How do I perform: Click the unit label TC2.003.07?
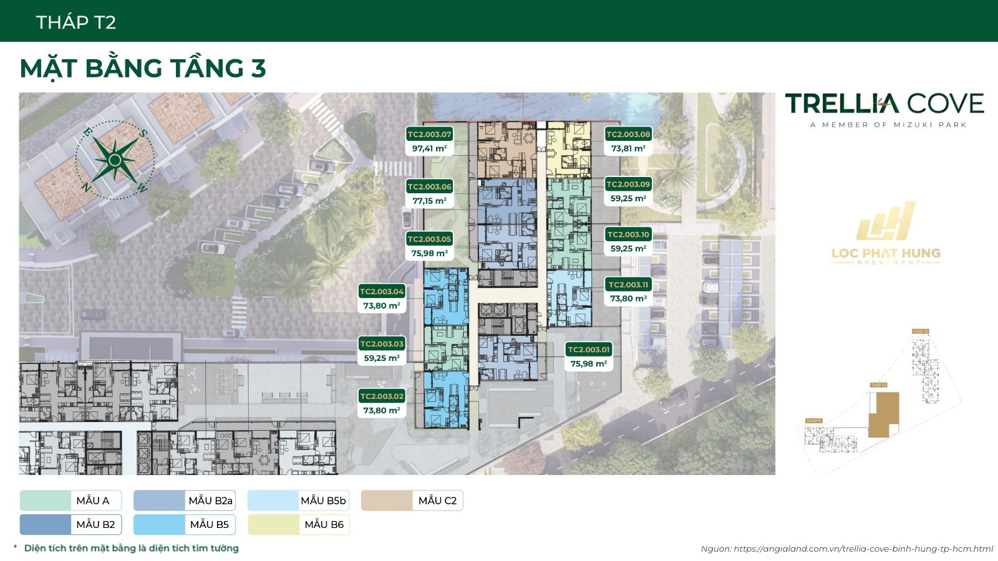[x=429, y=134]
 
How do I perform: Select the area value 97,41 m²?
[x=429, y=148]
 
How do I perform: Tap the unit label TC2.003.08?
[x=628, y=134]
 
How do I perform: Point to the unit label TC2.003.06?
[x=429, y=186]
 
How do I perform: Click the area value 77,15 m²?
[x=429, y=201]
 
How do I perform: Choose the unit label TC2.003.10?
[x=628, y=234]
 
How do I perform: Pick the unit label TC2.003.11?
[x=628, y=284]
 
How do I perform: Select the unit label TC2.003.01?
[x=588, y=350]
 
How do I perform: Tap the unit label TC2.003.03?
[x=382, y=343]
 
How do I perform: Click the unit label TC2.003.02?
[x=382, y=396]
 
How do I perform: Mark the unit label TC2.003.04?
[x=382, y=291]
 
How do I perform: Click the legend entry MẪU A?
[x=70, y=501]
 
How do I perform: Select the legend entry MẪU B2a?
[x=185, y=501]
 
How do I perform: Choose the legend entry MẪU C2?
[x=412, y=501]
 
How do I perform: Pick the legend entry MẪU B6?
[x=299, y=524]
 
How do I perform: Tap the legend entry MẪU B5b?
[x=299, y=501]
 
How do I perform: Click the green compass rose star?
[x=115, y=160]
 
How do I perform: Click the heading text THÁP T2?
[x=76, y=22]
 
